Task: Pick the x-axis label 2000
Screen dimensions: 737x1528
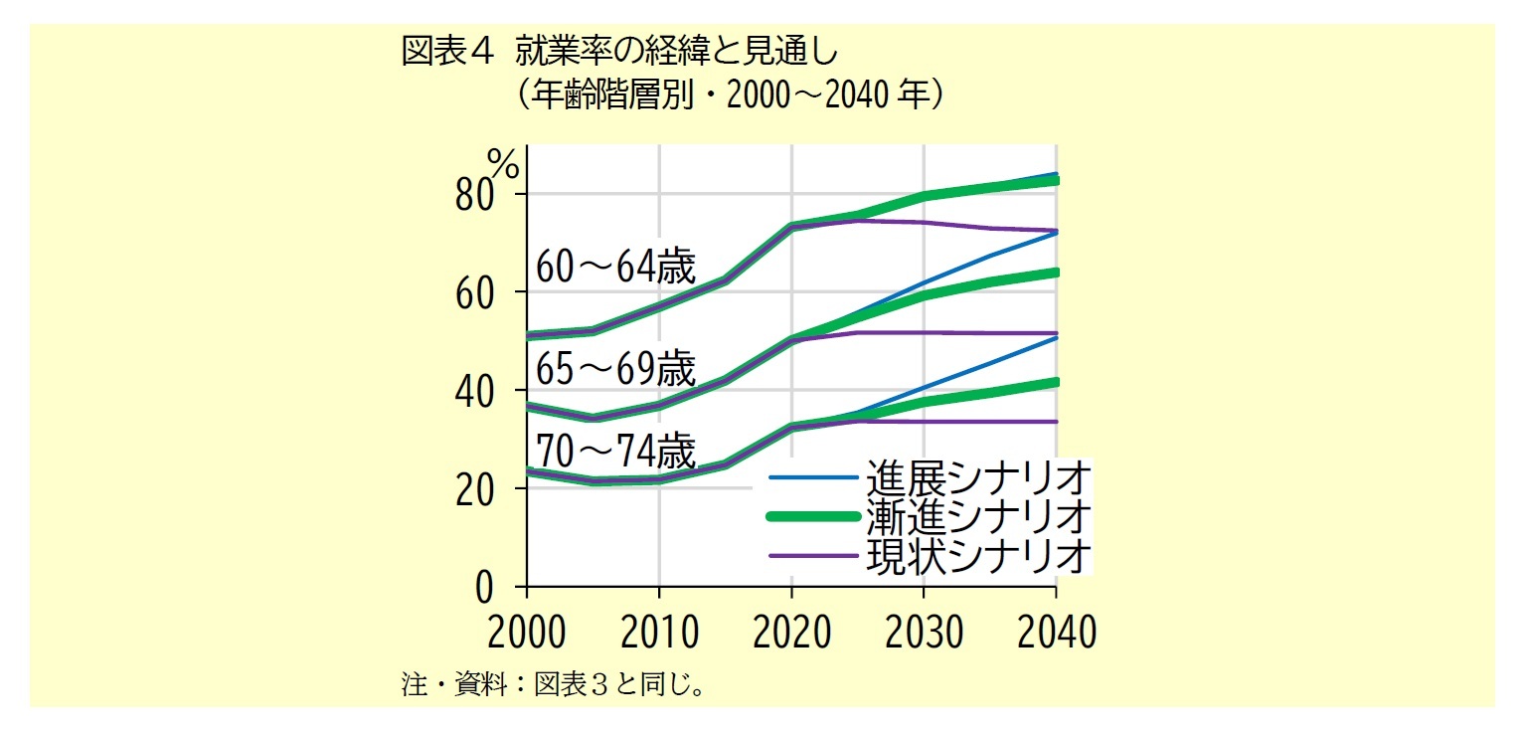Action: [526, 633]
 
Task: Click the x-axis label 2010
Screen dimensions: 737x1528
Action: [658, 633]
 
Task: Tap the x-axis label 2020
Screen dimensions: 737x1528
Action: [791, 633]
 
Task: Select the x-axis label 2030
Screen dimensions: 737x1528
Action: [924, 633]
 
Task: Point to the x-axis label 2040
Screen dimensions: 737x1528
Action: [1055, 633]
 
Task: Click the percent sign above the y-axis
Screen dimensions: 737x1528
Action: [503, 163]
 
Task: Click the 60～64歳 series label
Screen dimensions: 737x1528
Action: [615, 267]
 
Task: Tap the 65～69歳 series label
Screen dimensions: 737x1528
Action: [615, 369]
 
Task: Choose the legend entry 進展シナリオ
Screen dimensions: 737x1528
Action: [978, 477]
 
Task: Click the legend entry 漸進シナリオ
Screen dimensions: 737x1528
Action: [978, 516]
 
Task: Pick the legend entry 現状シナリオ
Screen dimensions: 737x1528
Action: [978, 555]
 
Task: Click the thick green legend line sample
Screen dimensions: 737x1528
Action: [812, 516]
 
